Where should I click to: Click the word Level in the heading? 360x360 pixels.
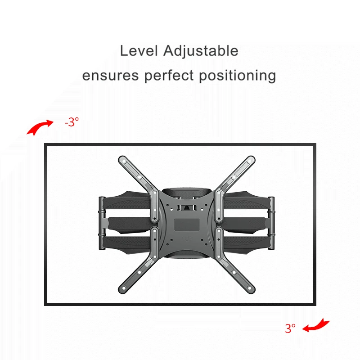click(x=139, y=51)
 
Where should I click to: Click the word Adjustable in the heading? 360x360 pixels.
click(x=201, y=51)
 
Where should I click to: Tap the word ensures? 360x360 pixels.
click(x=110, y=76)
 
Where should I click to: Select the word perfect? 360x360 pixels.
click(x=169, y=76)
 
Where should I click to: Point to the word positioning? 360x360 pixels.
click(x=237, y=76)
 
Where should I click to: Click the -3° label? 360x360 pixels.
click(x=72, y=121)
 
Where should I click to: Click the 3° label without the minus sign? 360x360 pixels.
click(x=290, y=328)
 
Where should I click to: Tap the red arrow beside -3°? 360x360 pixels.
click(x=40, y=127)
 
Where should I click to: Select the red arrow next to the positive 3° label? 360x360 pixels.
click(x=316, y=325)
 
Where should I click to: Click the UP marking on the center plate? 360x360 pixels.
click(x=187, y=239)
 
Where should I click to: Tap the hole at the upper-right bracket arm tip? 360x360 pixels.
click(x=249, y=162)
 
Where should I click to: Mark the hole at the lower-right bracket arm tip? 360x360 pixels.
click(x=250, y=288)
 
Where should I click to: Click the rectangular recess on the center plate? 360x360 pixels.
click(x=187, y=225)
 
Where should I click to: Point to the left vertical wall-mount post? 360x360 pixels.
click(x=102, y=223)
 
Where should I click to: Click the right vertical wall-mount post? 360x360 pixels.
click(x=271, y=223)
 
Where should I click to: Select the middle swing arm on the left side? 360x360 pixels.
click(x=129, y=223)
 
